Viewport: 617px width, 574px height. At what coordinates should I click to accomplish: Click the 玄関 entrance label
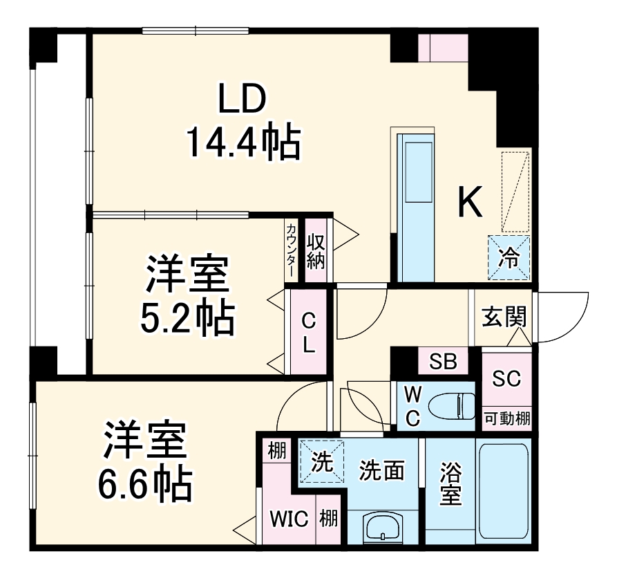504,317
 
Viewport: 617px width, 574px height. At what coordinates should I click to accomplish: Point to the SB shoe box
443,362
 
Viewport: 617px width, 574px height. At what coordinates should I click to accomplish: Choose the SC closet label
506,379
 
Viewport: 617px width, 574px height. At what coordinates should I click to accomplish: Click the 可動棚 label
506,418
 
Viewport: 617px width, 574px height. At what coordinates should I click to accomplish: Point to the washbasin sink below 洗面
381,529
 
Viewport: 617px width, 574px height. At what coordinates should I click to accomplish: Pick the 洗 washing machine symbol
321,461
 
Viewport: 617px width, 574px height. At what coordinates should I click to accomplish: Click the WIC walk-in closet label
288,519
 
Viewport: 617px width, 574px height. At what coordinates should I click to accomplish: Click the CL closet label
309,332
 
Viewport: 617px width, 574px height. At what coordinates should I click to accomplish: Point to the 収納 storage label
316,252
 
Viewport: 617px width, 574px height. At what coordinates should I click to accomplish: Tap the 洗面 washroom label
381,470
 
